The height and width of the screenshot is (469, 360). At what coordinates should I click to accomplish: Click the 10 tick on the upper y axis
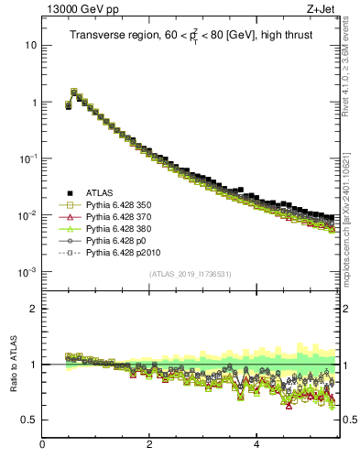tap(31, 45)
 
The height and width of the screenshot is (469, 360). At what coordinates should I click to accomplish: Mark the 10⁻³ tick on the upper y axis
tap(29, 272)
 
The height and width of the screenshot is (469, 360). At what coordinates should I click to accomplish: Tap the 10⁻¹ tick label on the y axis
tap(29, 158)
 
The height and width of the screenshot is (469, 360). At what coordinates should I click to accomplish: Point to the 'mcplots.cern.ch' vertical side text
tap(353, 229)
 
